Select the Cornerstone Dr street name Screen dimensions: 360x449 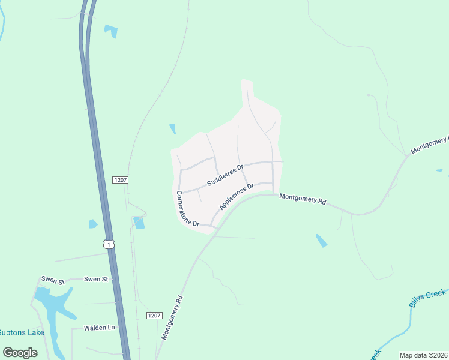point(187,209)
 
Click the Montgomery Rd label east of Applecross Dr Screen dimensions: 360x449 point(303,199)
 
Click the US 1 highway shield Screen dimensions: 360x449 point(108,244)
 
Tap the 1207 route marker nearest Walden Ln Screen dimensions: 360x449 point(154,316)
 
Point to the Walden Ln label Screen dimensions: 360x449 point(99,328)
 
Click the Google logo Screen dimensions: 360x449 point(20,352)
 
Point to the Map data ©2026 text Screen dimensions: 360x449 point(423,355)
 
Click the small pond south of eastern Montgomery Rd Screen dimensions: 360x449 point(322,241)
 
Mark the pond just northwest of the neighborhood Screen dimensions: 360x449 point(173,128)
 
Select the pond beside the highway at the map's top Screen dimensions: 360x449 point(111,31)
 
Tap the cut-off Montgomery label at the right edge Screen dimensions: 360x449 point(430,144)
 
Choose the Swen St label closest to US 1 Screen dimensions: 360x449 point(95,279)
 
